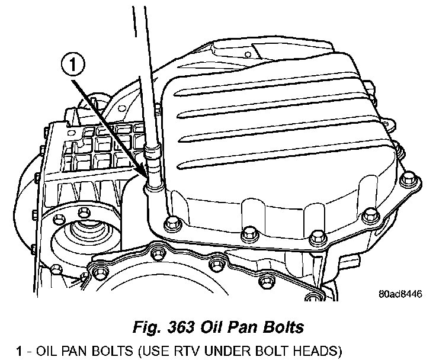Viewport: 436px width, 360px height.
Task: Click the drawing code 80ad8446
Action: click(x=400, y=294)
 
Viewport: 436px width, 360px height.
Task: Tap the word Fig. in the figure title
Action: click(x=148, y=327)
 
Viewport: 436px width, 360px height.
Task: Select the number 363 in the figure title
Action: click(x=181, y=327)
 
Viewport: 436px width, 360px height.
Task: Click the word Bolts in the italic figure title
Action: click(x=283, y=327)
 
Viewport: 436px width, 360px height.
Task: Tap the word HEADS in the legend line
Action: click(x=313, y=351)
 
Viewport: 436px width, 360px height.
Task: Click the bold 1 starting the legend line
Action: click(x=19, y=351)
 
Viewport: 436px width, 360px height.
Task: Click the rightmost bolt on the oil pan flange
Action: click(x=408, y=178)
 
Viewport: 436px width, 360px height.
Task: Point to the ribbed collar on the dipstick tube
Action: click(x=152, y=153)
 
